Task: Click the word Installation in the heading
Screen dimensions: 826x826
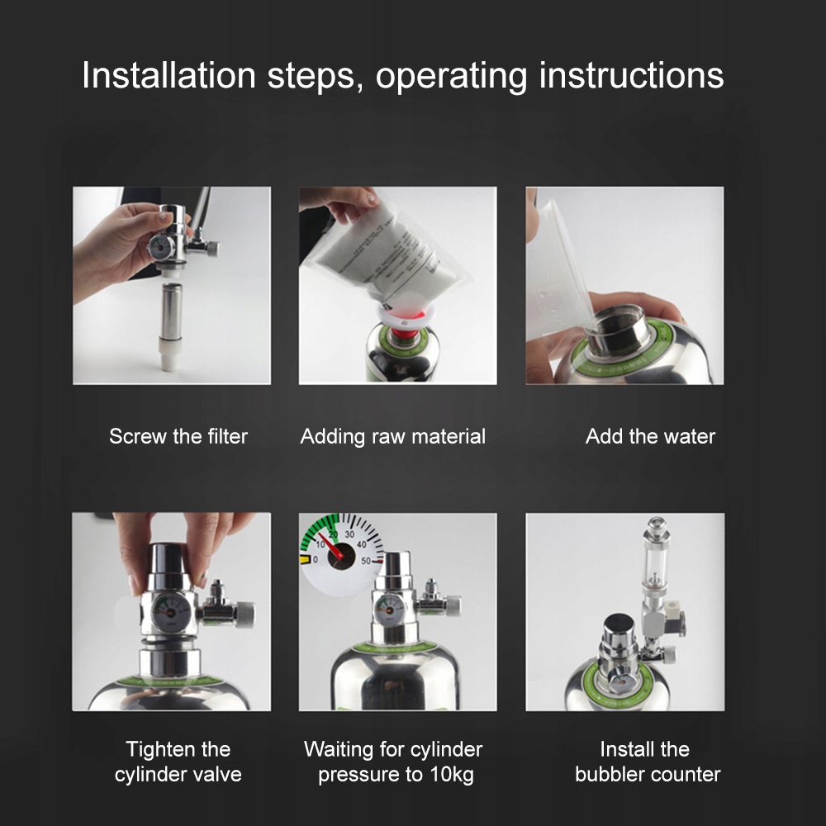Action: coord(169,75)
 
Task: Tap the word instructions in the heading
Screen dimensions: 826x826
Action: coord(631,75)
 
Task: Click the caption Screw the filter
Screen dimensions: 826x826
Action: coord(178,436)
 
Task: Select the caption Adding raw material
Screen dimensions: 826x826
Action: coord(392,437)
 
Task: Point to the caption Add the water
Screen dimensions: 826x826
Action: coord(650,436)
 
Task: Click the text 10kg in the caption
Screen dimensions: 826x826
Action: coord(452,775)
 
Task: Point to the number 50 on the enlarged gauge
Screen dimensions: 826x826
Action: coord(366,561)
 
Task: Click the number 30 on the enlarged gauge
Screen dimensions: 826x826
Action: coord(349,534)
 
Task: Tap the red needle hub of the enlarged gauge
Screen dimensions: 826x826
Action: coord(341,556)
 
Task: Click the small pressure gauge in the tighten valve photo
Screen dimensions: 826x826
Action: coord(171,611)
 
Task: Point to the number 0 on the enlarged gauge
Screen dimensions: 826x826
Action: coord(316,559)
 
